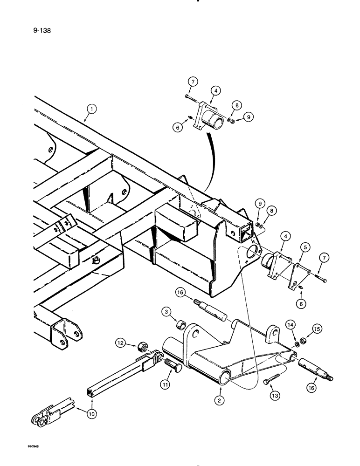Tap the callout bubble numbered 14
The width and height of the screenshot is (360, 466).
click(x=290, y=325)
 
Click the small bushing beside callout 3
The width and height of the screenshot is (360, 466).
click(x=183, y=324)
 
